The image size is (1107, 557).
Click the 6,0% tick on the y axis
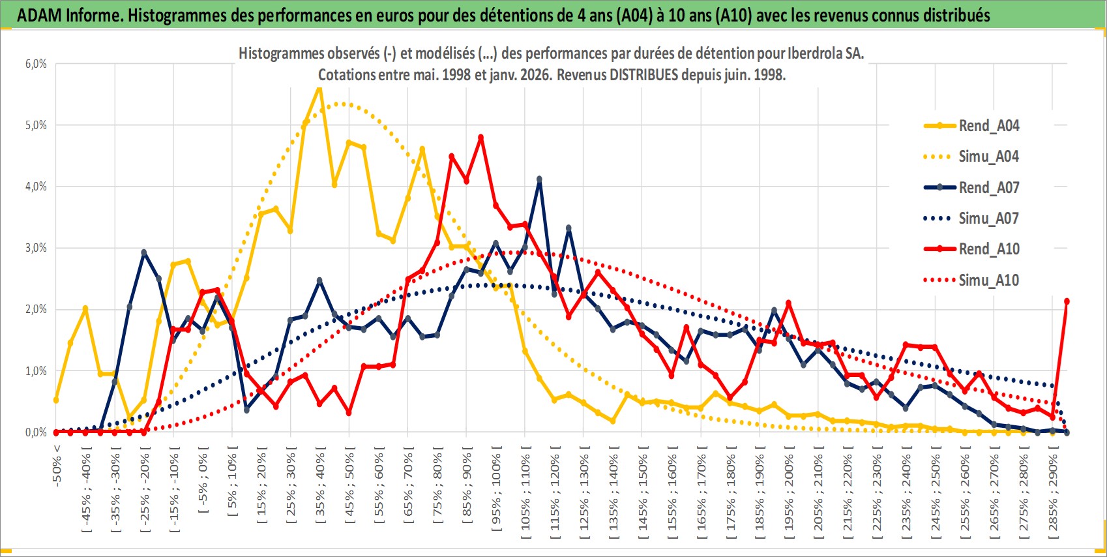pos(36,64)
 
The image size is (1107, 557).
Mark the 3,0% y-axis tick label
pos(36,248)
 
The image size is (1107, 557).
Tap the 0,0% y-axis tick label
pos(36,432)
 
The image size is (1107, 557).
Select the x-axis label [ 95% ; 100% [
pos(496,489)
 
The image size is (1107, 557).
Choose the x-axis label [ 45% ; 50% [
pos(350,486)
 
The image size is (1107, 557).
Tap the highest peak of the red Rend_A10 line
pos(480,138)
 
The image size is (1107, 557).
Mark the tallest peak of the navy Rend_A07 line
pos(539,179)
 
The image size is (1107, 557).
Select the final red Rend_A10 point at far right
pos(1067,301)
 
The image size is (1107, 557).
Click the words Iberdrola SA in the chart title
pos(825,53)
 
